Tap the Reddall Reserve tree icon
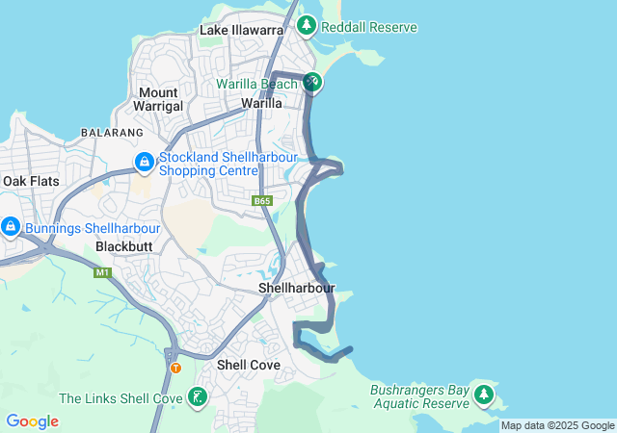pyautogui.click(x=307, y=25)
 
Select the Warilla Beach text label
pyautogui.click(x=257, y=84)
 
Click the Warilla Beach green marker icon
pyautogui.click(x=311, y=83)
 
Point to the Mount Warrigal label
pyautogui.click(x=157, y=99)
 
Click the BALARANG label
pyautogui.click(x=112, y=132)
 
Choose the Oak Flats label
pyautogui.click(x=31, y=181)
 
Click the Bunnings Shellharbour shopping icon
pyautogui.click(x=10, y=227)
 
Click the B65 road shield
pyautogui.click(x=262, y=201)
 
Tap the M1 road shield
pyautogui.click(x=102, y=272)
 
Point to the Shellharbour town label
pyautogui.click(x=297, y=288)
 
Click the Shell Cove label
pyautogui.click(x=249, y=365)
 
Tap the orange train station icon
pyautogui.click(x=174, y=368)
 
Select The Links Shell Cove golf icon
pyautogui.click(x=197, y=395)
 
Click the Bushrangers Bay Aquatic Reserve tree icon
pyautogui.click(x=483, y=395)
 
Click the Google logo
pyautogui.click(x=32, y=421)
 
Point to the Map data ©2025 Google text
pyautogui.click(x=557, y=425)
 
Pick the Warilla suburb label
pyautogui.click(x=262, y=103)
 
